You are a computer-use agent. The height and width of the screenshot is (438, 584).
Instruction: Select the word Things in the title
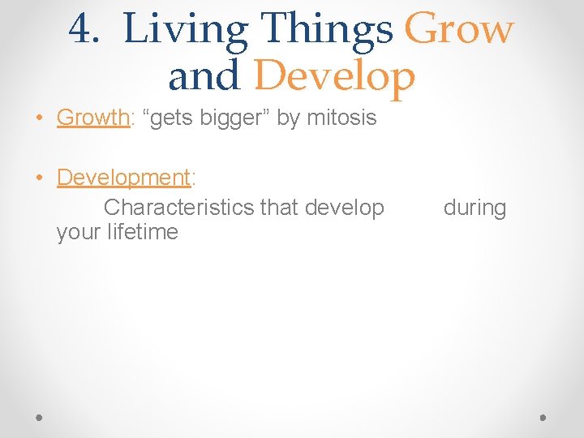click(x=329, y=30)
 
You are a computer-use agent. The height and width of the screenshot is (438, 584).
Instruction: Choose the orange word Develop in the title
click(x=334, y=77)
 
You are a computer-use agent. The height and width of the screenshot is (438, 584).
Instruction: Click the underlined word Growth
click(x=92, y=118)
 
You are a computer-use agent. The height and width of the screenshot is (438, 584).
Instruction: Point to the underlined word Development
click(x=123, y=178)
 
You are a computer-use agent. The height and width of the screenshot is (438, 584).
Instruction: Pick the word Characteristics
click(x=179, y=208)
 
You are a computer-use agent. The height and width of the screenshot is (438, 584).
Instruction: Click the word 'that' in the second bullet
click(x=279, y=208)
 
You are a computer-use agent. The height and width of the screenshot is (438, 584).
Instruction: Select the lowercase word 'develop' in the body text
click(x=344, y=208)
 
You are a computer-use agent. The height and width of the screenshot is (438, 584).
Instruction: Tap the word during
click(x=474, y=208)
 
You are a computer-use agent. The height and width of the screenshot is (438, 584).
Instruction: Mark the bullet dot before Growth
click(x=39, y=118)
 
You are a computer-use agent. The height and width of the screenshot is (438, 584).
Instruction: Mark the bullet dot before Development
click(x=39, y=178)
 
